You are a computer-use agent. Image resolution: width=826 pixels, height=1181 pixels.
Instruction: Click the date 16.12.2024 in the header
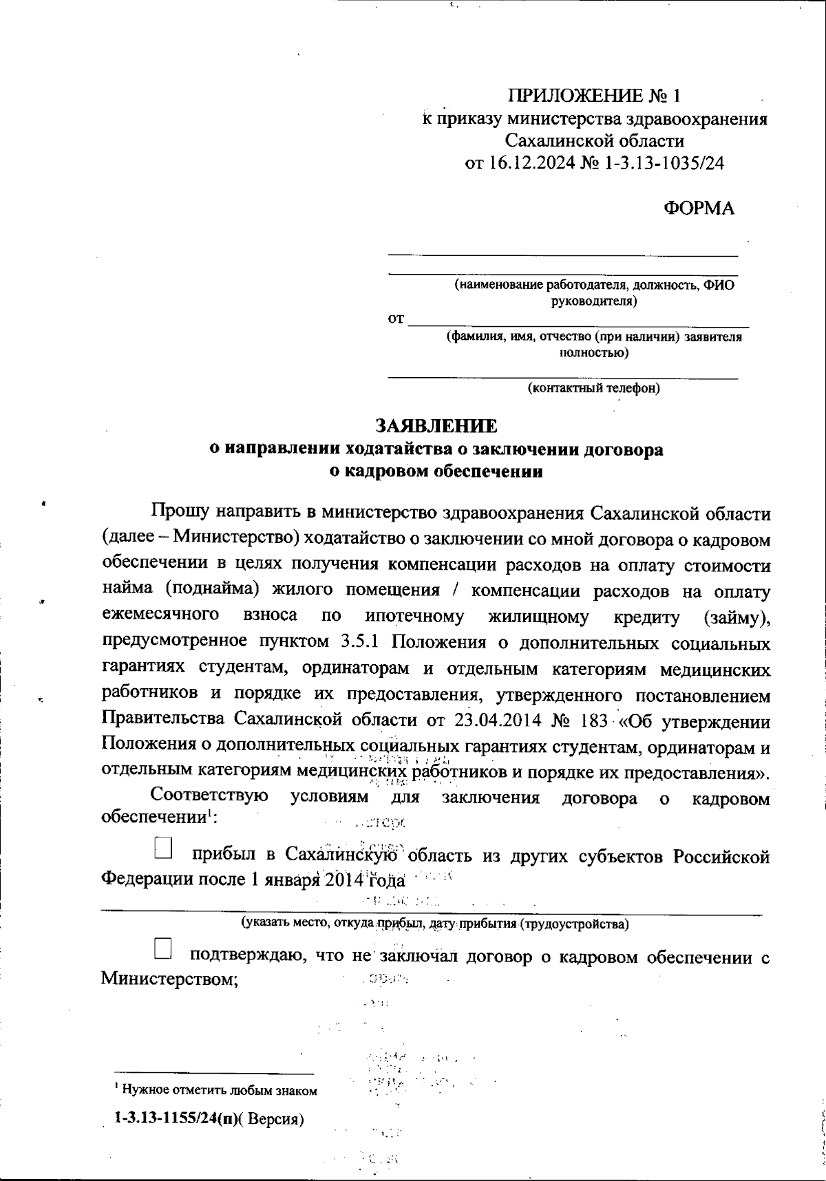coord(531,163)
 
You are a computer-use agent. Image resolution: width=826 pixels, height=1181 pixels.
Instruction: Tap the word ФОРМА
coord(699,208)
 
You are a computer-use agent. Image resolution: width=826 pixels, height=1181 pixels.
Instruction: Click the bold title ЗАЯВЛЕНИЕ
coord(436,426)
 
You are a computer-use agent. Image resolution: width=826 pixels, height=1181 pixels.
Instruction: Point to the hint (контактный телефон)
coord(593,388)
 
